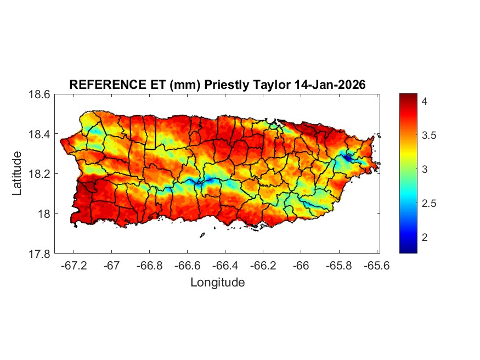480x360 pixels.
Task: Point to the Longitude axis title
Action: coord(217,283)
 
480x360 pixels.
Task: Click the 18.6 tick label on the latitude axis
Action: coord(39,94)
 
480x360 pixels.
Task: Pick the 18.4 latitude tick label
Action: coord(39,134)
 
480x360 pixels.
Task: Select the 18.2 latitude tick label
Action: coord(39,174)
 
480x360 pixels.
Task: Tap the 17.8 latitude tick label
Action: coord(39,254)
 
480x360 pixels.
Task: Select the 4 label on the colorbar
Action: coord(425,102)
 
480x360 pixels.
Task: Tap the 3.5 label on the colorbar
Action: coord(428,136)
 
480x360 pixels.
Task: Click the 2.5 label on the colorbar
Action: coord(428,204)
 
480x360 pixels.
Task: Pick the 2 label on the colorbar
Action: coord(425,238)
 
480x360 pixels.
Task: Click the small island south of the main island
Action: coord(202,235)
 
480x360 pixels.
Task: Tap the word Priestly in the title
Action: coord(224,85)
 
